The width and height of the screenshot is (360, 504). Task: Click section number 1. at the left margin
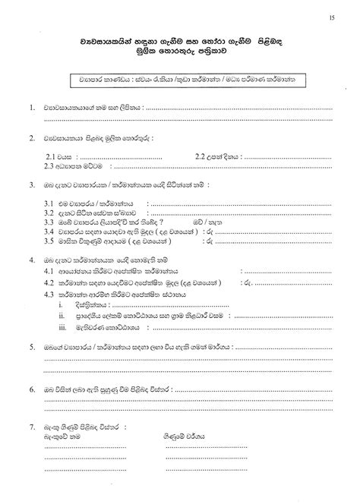30,109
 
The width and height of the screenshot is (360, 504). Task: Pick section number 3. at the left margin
30,184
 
